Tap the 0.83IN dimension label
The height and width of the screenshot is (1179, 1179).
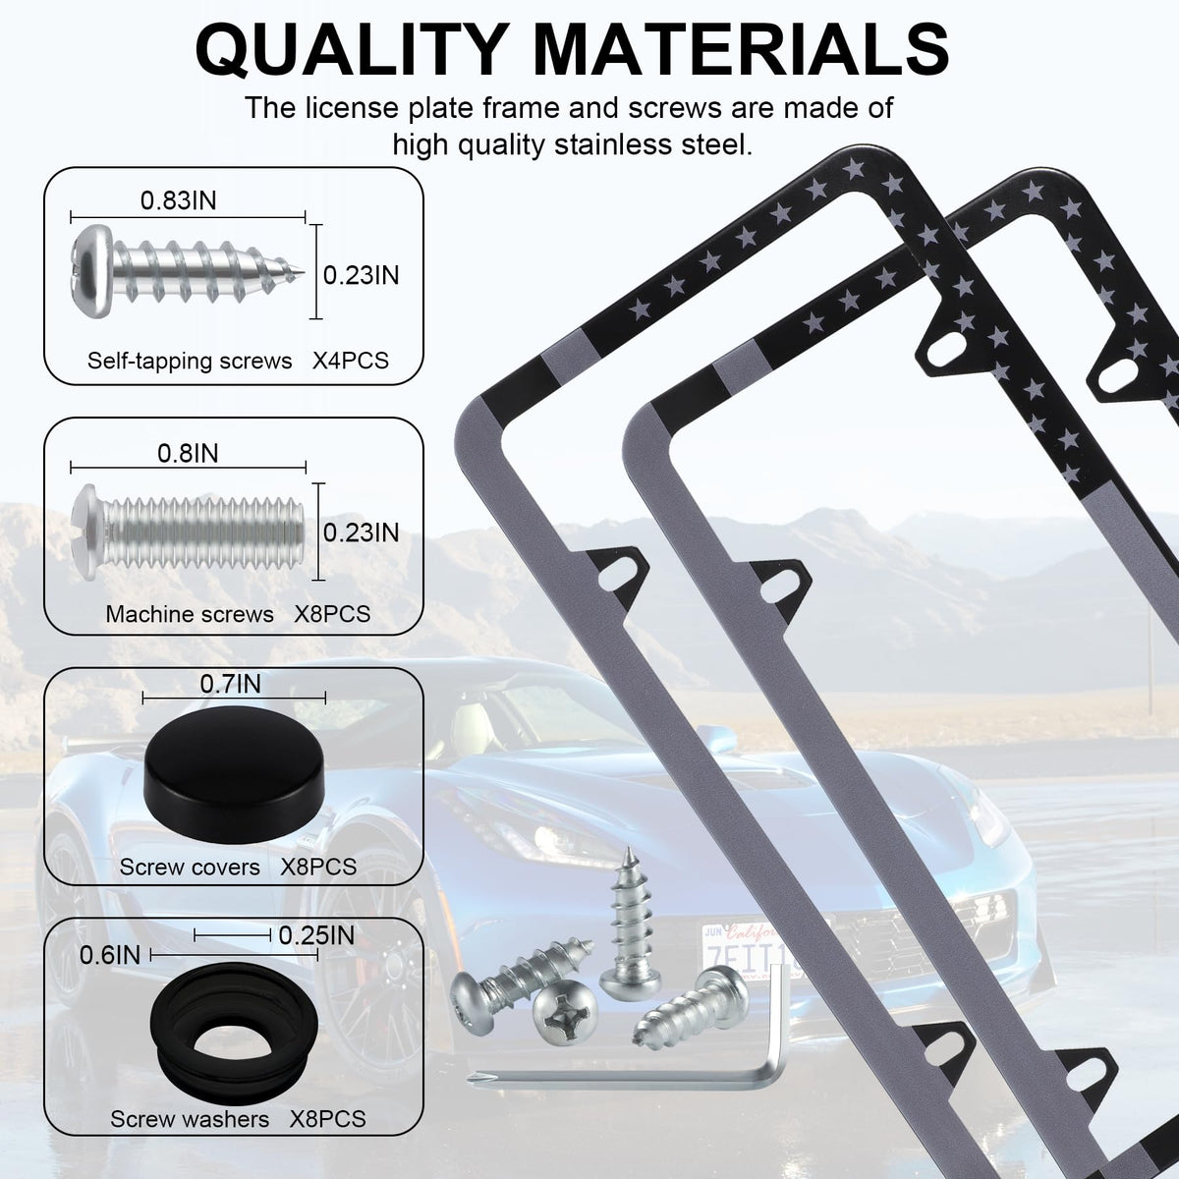tap(178, 200)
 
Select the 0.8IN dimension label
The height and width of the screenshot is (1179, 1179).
tap(188, 453)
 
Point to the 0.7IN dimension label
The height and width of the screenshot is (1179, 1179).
tap(230, 684)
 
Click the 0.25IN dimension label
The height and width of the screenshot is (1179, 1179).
tap(316, 935)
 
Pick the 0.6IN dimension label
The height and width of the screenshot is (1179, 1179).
tap(110, 955)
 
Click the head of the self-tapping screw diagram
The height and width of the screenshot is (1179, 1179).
tap(92, 270)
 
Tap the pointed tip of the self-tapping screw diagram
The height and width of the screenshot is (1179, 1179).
tap(302, 270)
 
